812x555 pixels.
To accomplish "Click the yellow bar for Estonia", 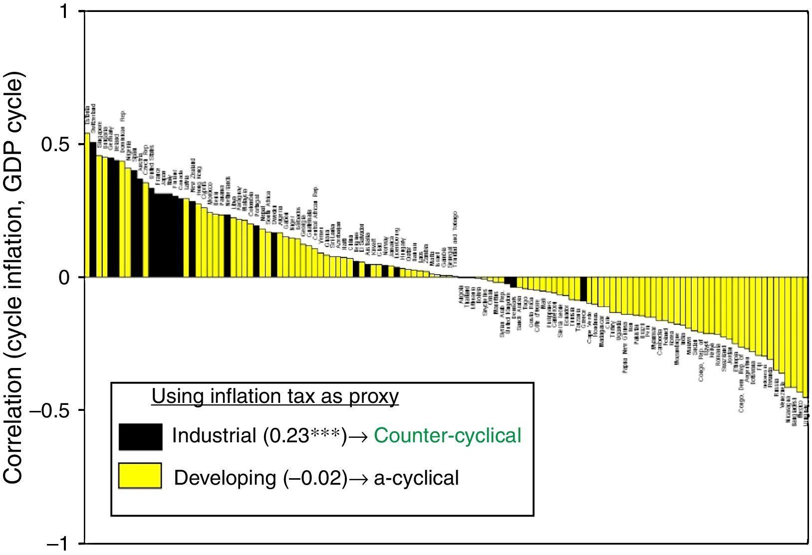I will (87, 204).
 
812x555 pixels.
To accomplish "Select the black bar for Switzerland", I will (93, 209).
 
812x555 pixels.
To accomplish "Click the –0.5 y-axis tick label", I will (50, 410).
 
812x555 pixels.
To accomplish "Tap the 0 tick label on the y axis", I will (65, 277).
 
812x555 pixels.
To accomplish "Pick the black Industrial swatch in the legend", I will (140, 437).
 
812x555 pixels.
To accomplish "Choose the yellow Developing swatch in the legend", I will (140, 475).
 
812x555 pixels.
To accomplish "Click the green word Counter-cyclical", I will (448, 436).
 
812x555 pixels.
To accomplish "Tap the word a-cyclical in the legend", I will (416, 478).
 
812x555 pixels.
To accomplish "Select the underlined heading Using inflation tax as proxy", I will (275, 396).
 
